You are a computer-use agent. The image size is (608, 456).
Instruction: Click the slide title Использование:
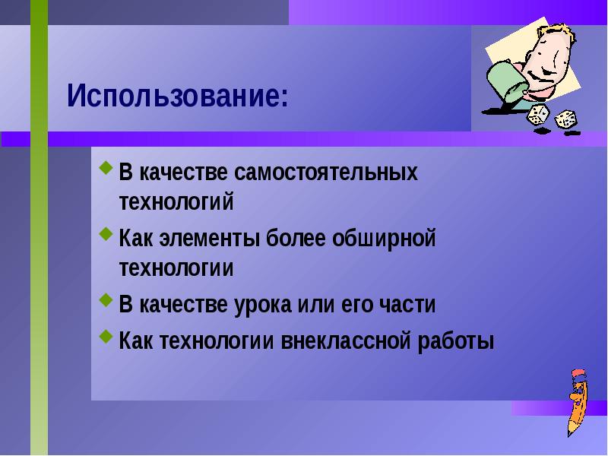coord(178,97)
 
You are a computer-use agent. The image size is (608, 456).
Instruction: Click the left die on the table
coord(538,115)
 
